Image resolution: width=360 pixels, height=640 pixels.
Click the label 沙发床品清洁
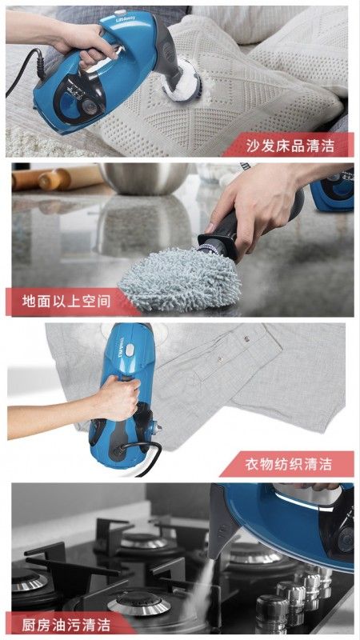tap(290, 146)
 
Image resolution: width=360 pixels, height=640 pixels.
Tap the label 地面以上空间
tap(66, 302)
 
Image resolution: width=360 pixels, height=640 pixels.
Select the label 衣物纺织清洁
tap(289, 464)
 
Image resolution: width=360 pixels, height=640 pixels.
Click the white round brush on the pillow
tap(181, 83)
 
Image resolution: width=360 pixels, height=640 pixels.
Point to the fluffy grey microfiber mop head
tap(179, 278)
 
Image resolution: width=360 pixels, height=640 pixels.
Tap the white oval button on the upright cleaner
tap(130, 350)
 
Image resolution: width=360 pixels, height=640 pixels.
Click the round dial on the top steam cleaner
tap(90, 107)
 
